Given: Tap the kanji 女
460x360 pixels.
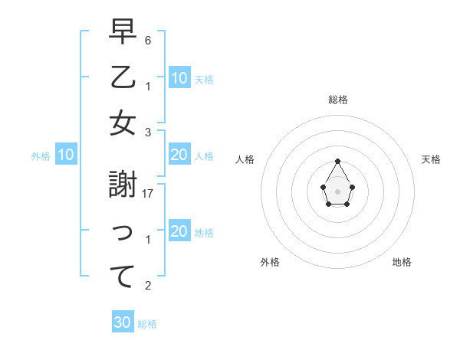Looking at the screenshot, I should tap(123, 124).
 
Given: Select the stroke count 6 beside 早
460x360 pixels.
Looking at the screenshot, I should tap(148, 39).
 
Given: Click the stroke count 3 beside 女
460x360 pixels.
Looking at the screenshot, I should tap(148, 132).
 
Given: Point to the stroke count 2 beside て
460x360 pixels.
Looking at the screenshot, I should tap(148, 286).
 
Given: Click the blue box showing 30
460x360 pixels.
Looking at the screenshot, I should tap(123, 322).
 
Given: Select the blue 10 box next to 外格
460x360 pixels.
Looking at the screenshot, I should tap(66, 155).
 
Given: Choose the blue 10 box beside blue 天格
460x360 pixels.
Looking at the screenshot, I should tap(179, 78).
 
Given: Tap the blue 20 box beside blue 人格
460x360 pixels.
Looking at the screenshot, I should tap(179, 155).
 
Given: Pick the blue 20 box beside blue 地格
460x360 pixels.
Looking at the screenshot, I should tap(179, 232).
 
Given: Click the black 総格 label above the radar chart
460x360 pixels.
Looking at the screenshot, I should tap(337, 100).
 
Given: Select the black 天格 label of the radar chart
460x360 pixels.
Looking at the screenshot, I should tap(431, 159).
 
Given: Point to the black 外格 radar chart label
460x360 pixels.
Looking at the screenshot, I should tap(270, 262).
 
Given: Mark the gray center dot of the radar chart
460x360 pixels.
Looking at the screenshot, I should tap(337, 191).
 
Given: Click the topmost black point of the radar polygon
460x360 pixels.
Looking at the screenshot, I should tap(337, 161).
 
